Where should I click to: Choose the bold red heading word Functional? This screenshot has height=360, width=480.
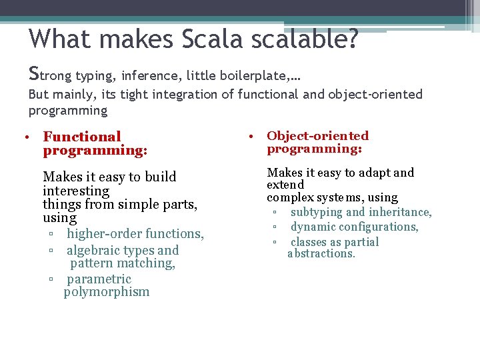point(82,137)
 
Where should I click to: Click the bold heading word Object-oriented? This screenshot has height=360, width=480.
point(317,136)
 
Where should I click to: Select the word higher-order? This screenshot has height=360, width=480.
point(104,234)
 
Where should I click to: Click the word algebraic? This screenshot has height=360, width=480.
point(93,251)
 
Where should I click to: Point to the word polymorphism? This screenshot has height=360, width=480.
point(107,292)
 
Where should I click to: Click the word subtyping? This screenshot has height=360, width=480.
point(316,212)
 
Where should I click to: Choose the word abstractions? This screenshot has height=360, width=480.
point(321,254)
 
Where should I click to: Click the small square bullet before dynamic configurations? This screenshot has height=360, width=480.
point(274,227)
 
